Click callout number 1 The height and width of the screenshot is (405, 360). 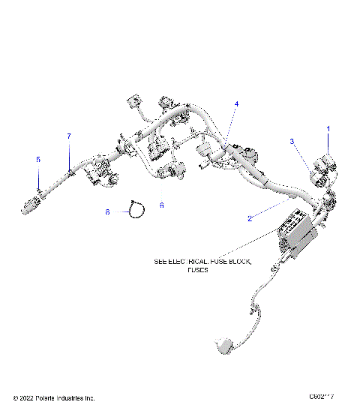(328, 129)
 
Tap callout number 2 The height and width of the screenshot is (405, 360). (249, 218)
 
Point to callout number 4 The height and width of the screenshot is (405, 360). (236, 103)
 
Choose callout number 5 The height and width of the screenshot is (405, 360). (39, 159)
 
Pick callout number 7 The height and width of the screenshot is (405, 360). (69, 136)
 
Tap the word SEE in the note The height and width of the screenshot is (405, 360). (160, 262)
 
